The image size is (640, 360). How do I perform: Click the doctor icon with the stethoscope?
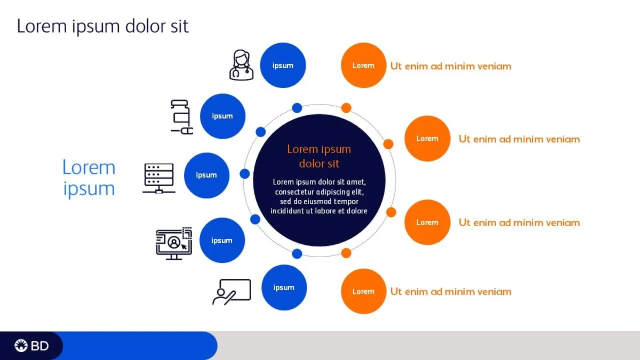[242, 65]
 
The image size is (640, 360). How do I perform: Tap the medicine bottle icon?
[182, 117]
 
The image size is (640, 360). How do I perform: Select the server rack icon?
[159, 179]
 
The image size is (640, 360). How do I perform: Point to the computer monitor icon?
[174, 243]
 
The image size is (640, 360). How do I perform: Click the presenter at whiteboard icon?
[231, 292]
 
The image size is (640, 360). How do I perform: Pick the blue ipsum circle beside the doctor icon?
[283, 65]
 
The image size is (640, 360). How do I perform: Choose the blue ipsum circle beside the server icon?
[206, 175]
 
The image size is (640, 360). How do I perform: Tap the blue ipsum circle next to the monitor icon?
[222, 241]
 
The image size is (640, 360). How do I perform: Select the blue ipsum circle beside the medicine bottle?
[222, 116]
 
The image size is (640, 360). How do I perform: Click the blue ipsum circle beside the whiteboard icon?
[284, 287]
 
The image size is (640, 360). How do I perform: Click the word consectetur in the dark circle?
[294, 191]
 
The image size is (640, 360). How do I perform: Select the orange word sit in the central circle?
[333, 164]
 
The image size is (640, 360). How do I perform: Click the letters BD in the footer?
[39, 346]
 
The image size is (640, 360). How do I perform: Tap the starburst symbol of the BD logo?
[21, 346]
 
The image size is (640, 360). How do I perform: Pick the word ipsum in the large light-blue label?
[89, 189]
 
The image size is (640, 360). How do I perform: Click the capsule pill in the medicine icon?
[187, 131]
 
